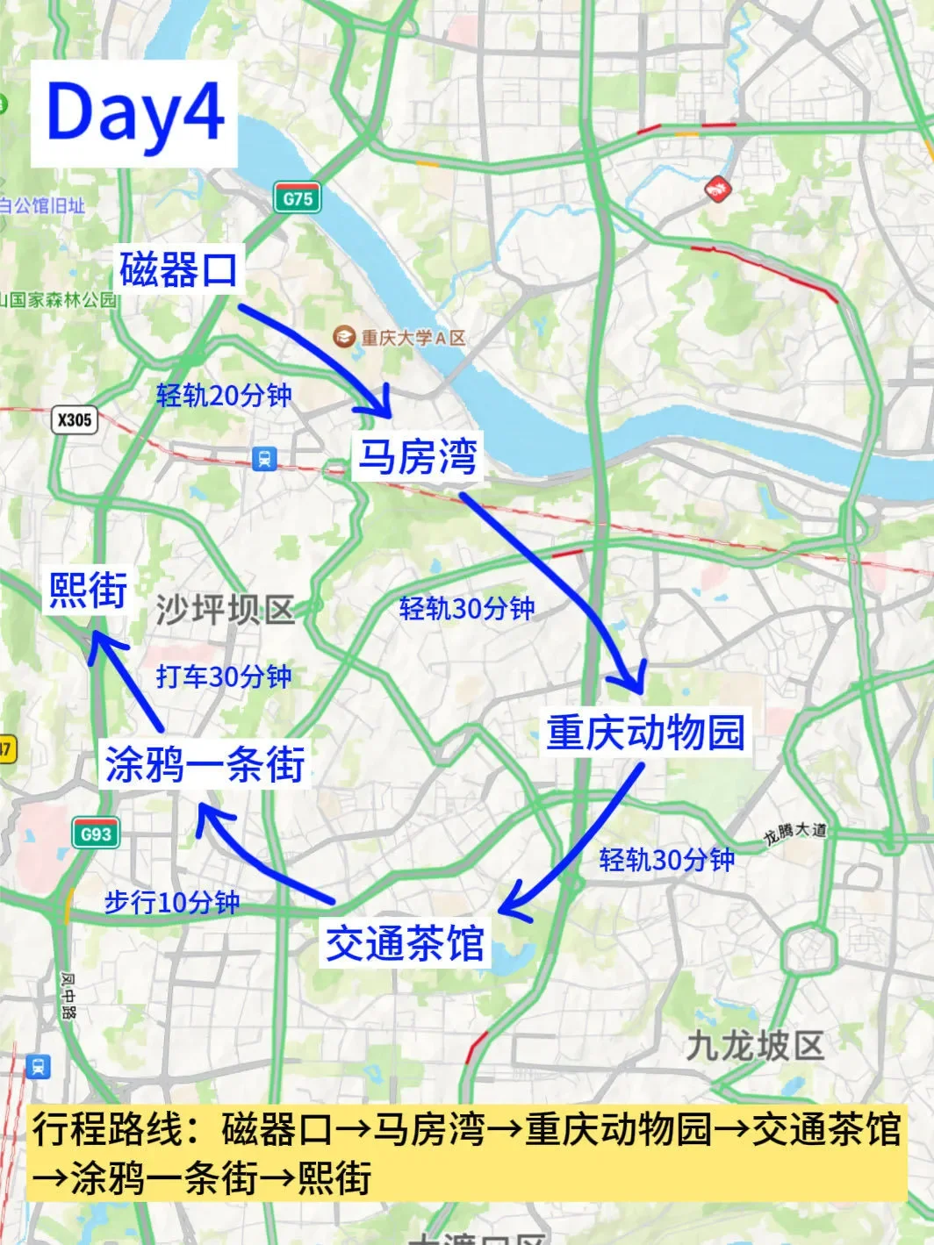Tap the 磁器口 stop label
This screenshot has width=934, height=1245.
tap(179, 268)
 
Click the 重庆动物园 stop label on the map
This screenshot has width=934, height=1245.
tap(645, 732)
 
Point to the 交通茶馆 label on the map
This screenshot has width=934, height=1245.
tap(405, 943)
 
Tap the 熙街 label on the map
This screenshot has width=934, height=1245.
tap(88, 590)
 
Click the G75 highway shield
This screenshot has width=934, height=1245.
tap(297, 199)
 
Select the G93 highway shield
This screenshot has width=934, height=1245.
tap(95, 834)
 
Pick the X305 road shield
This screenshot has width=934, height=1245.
tap(74, 419)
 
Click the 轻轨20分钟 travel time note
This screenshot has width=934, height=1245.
tap(224, 396)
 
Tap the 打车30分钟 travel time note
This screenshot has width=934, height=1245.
tap(224, 676)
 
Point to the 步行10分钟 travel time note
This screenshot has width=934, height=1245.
tap(172, 902)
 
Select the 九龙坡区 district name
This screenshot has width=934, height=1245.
tap(754, 1046)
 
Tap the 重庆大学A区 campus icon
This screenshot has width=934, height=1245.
tap(343, 336)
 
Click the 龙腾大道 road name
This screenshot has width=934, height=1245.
tap(794, 833)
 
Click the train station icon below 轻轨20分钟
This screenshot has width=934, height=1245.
tap(263, 458)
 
